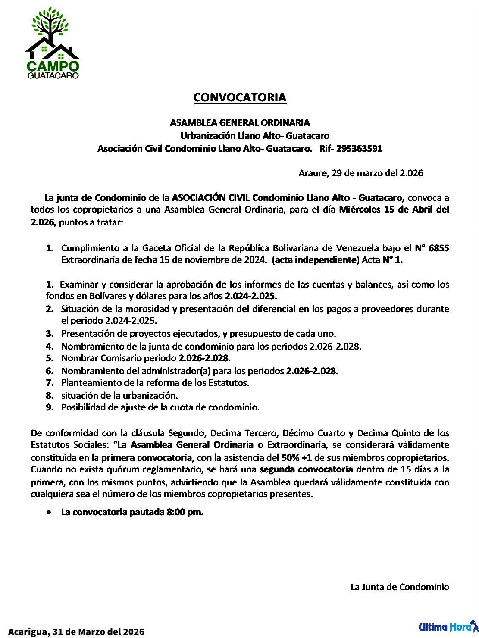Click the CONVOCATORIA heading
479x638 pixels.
pyautogui.click(x=240, y=97)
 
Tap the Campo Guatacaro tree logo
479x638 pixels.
pyautogui.click(x=53, y=43)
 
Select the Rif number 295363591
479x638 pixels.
pyautogui.click(x=359, y=149)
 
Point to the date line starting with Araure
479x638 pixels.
pyautogui.click(x=360, y=173)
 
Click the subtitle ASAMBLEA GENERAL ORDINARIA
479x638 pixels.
pyautogui.click(x=240, y=123)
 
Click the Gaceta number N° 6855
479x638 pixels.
pyautogui.click(x=432, y=248)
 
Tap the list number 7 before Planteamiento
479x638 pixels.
pyautogui.click(x=50, y=383)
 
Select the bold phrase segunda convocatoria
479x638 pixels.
pyautogui.click(x=306, y=469)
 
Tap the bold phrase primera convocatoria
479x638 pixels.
pyautogui.click(x=147, y=457)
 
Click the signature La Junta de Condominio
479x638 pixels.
pyautogui.click(x=400, y=587)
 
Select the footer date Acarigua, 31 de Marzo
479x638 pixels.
pyautogui.click(x=76, y=632)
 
